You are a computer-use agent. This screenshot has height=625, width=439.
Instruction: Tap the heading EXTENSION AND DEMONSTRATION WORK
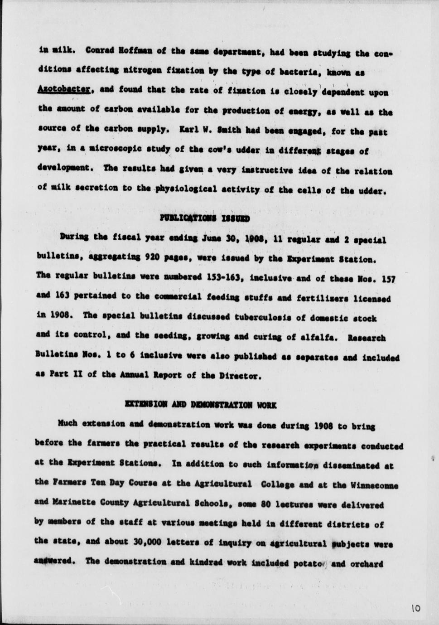point(200,404)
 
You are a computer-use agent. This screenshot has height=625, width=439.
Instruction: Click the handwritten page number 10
point(416,609)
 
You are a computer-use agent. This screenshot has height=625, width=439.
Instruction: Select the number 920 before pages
point(153,257)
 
